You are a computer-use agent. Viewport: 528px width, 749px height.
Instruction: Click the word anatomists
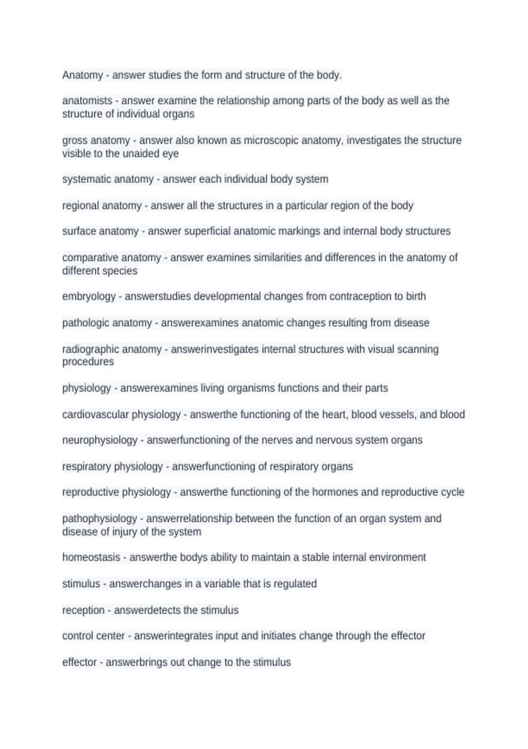[x=87, y=101]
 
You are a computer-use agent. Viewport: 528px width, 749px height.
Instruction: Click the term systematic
[x=86, y=179]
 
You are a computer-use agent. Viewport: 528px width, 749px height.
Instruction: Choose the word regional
[x=80, y=206]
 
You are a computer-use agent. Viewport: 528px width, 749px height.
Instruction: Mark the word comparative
[x=90, y=258]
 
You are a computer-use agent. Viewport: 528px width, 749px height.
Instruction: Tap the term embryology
[x=89, y=297]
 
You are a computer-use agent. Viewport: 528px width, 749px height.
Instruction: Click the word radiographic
[x=90, y=349]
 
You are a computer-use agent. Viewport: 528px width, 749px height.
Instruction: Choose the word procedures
[x=88, y=362]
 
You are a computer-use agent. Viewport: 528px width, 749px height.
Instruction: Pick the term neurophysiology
[x=100, y=440]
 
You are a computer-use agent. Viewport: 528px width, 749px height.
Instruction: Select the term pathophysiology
[x=100, y=519]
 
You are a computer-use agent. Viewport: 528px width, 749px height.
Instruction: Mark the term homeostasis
[x=91, y=557]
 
